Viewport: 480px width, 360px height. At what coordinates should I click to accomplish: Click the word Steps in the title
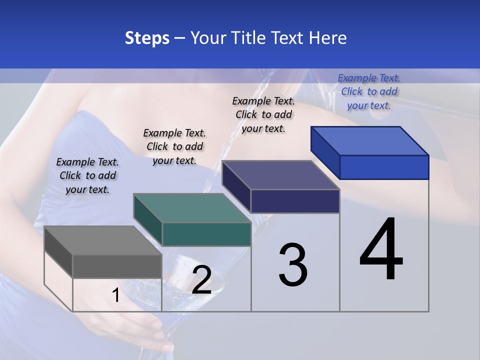[x=147, y=38]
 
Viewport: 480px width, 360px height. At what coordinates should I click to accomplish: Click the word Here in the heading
[x=327, y=38]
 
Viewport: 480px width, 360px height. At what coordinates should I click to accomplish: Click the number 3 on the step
[x=293, y=265]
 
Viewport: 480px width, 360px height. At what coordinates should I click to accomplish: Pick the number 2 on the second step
[x=201, y=280]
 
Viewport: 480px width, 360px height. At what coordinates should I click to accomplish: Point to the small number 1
[x=115, y=295]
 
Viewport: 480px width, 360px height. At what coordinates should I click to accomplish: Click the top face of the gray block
[x=102, y=240]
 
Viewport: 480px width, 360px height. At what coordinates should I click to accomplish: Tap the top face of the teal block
[x=192, y=208]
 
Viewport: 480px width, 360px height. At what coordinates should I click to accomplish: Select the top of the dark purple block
[x=280, y=175]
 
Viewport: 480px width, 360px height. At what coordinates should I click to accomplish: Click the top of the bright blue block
[x=369, y=141]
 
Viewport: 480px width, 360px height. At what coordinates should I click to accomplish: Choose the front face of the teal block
[x=206, y=234]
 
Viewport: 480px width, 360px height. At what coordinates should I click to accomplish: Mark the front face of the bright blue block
[x=384, y=167]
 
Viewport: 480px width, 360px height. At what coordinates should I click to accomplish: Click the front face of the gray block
[x=117, y=266]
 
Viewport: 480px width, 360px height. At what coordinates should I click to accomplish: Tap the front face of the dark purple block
[x=295, y=201]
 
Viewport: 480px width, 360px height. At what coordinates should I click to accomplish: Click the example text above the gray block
[x=87, y=175]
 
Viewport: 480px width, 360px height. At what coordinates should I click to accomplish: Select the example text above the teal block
[x=174, y=146]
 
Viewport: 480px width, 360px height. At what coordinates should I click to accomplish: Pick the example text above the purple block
[x=263, y=114]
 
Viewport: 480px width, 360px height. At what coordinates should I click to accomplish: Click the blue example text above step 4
[x=369, y=91]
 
